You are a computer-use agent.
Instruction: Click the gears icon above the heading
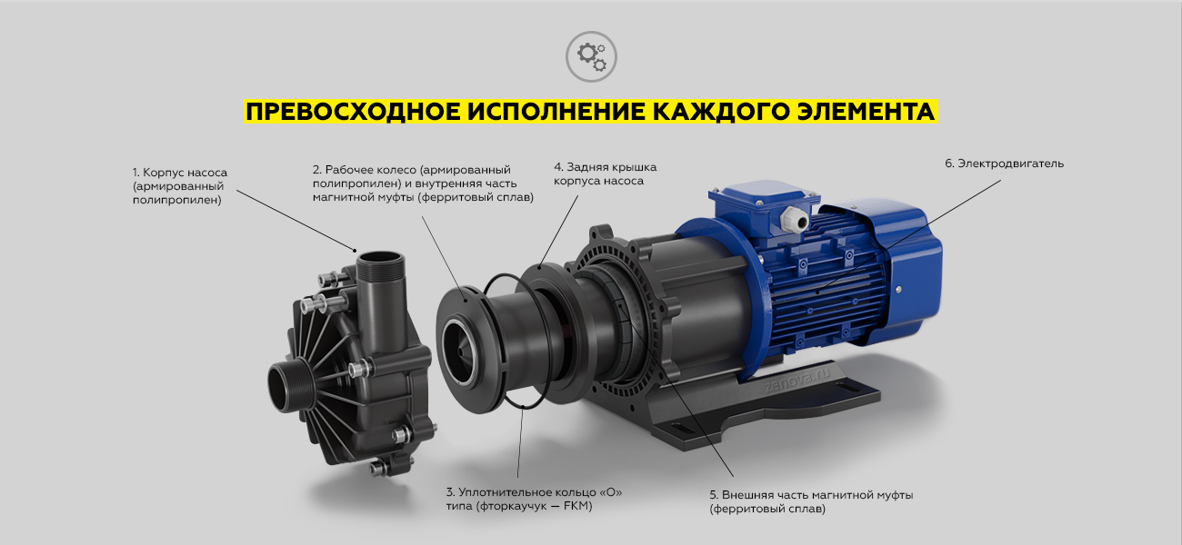[x=591, y=56]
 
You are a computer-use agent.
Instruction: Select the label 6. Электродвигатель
[x=1004, y=163]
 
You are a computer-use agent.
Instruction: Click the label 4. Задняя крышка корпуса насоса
[x=605, y=173]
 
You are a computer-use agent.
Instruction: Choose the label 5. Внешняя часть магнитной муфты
[x=811, y=501]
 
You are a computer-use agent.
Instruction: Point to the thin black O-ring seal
[x=518, y=341]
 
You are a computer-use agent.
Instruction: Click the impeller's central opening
[x=459, y=352]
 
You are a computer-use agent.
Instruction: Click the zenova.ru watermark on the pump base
[x=796, y=381]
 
